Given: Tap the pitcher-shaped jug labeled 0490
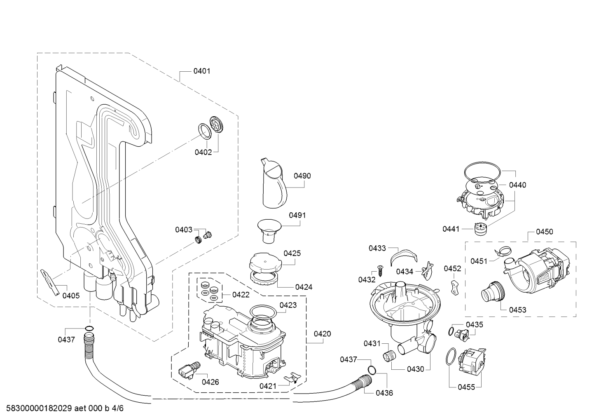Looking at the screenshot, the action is click(x=274, y=183).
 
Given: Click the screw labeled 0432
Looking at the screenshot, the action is click(x=380, y=270).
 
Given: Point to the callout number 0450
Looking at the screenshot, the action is click(x=545, y=232).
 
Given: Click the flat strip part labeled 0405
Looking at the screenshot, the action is click(x=50, y=282).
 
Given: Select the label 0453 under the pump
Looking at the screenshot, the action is click(x=517, y=310).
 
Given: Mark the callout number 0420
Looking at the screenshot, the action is click(x=323, y=334).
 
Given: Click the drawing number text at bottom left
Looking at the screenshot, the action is click(x=65, y=408).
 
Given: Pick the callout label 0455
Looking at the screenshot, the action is click(x=466, y=387).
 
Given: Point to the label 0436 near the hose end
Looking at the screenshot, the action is click(x=384, y=393).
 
